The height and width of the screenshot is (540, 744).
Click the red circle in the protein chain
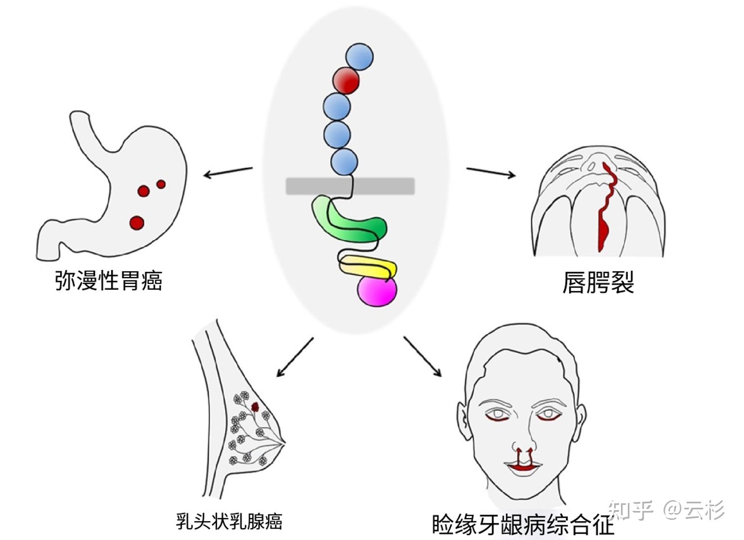click(x=346, y=81)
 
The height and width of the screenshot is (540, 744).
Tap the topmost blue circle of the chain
click(x=359, y=57)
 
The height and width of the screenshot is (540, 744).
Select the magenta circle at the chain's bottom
click(x=377, y=291)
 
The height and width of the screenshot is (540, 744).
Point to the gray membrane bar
click(x=306, y=186)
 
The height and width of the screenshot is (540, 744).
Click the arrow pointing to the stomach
click(x=228, y=172)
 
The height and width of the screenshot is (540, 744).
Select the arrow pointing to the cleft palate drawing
click(x=491, y=172)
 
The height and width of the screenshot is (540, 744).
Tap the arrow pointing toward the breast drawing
click(x=295, y=357)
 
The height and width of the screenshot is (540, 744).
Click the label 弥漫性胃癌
click(x=108, y=280)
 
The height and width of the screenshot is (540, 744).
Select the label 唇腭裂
click(x=598, y=282)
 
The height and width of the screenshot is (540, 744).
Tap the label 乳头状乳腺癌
click(x=229, y=521)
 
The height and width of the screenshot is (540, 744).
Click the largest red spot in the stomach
click(x=137, y=223)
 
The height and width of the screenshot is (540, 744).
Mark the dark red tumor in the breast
click(x=255, y=407)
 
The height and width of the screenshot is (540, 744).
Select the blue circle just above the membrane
click(x=344, y=162)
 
